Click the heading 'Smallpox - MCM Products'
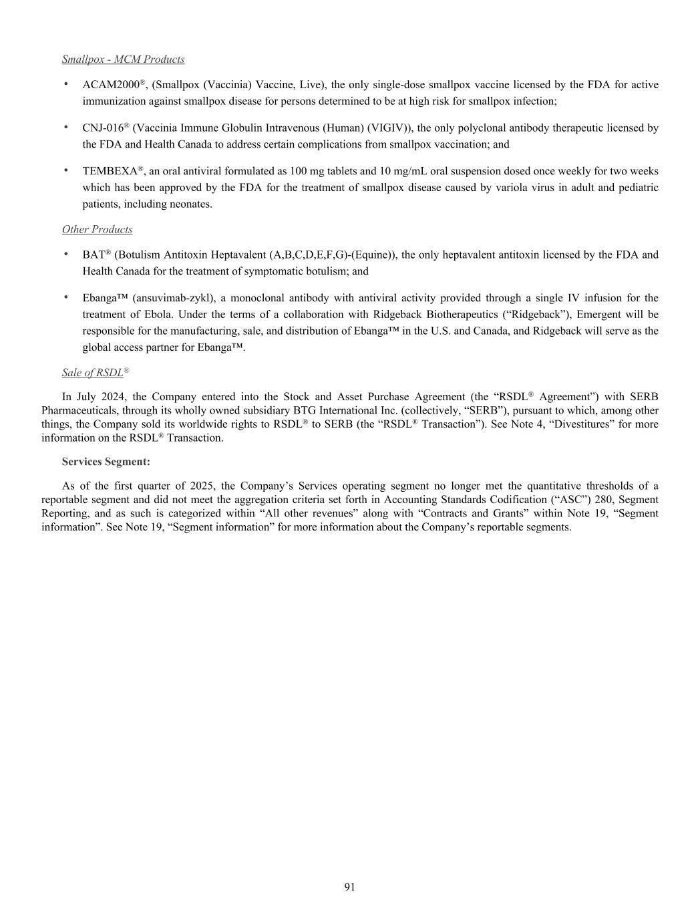pyautogui.click(x=123, y=59)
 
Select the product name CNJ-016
pyautogui.click(x=103, y=128)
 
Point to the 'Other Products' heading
pyautogui.click(x=97, y=230)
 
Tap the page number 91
pyautogui.click(x=349, y=887)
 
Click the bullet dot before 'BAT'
pyautogui.click(x=65, y=255)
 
